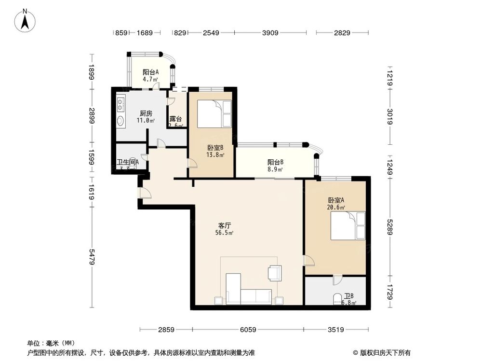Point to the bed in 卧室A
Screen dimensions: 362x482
348,226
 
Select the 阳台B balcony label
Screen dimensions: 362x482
275,163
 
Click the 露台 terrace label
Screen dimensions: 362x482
175,119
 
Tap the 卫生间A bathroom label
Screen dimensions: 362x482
128,162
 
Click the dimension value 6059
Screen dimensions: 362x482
248,330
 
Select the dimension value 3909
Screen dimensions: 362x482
270,33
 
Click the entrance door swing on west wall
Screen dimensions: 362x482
144,194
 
